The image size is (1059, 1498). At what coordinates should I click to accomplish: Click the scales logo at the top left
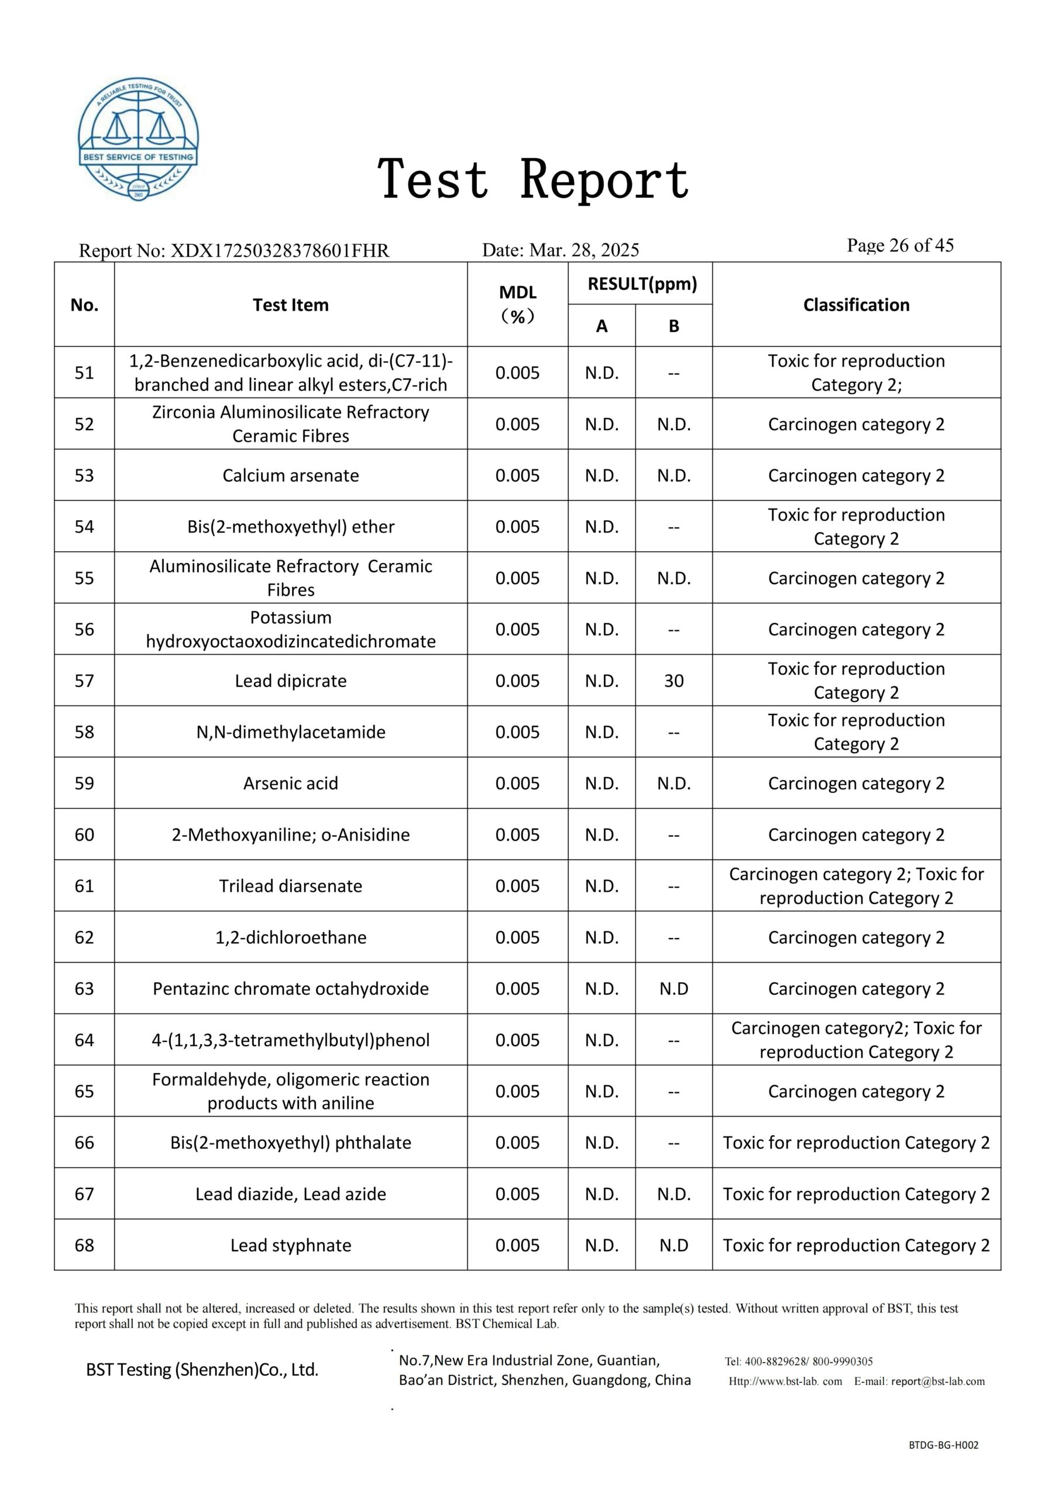tap(138, 140)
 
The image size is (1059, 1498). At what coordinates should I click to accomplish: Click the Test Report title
tap(533, 180)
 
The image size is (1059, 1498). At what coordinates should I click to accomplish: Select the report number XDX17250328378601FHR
tap(279, 250)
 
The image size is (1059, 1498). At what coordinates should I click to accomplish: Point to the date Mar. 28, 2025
tap(584, 250)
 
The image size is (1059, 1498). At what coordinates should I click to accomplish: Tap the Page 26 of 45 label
tap(900, 245)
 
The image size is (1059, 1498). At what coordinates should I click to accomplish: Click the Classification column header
tap(855, 305)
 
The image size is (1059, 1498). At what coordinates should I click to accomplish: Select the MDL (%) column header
tap(517, 304)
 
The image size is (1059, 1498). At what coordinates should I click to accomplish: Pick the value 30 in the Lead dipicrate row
tap(673, 681)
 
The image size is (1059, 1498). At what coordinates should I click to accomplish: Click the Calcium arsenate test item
tap(290, 475)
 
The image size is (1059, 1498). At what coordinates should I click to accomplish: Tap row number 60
tap(84, 834)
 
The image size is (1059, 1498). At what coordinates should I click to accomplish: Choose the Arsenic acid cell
tap(290, 783)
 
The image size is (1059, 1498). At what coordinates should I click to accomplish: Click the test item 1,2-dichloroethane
tap(290, 937)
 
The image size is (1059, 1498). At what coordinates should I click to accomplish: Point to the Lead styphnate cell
tap(290, 1245)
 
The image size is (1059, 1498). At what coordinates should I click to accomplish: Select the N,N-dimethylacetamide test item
tap(290, 732)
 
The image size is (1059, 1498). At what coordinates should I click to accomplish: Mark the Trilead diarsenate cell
tap(290, 886)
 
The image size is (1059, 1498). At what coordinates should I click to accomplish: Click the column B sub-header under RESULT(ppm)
tap(673, 325)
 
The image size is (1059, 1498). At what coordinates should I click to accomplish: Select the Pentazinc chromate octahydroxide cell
tap(290, 988)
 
